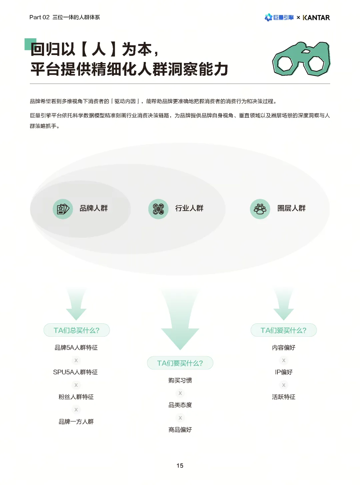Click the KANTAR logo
316,18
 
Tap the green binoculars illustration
301,59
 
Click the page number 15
180,466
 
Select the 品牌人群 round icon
63,209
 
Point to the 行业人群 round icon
158,209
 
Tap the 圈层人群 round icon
260,209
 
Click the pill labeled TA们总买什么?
77,330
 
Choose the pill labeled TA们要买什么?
180,363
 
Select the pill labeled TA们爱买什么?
283,330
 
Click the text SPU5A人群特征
76,372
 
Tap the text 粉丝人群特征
76,397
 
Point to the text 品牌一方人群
76,422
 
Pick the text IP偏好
284,372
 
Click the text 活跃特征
284,397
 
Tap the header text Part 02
39,17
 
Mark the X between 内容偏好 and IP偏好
284,360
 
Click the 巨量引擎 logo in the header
279,18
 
